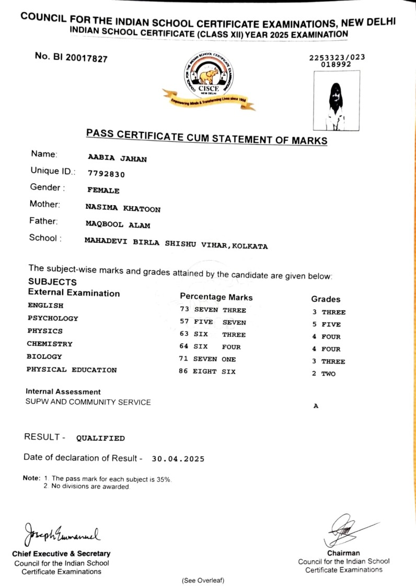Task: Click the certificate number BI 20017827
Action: coord(71,57)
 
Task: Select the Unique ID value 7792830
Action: coord(107,174)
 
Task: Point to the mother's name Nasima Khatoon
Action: coord(123,208)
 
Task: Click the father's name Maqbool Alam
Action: coord(118,225)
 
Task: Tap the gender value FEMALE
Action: coord(103,191)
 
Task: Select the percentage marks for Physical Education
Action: coord(207,371)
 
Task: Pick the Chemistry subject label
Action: coord(50,344)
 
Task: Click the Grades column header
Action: coord(326,299)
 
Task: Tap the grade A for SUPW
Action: coord(316,406)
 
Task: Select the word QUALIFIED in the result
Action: coord(100,438)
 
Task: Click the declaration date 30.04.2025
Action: coord(178,459)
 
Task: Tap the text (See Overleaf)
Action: coord(203,580)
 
